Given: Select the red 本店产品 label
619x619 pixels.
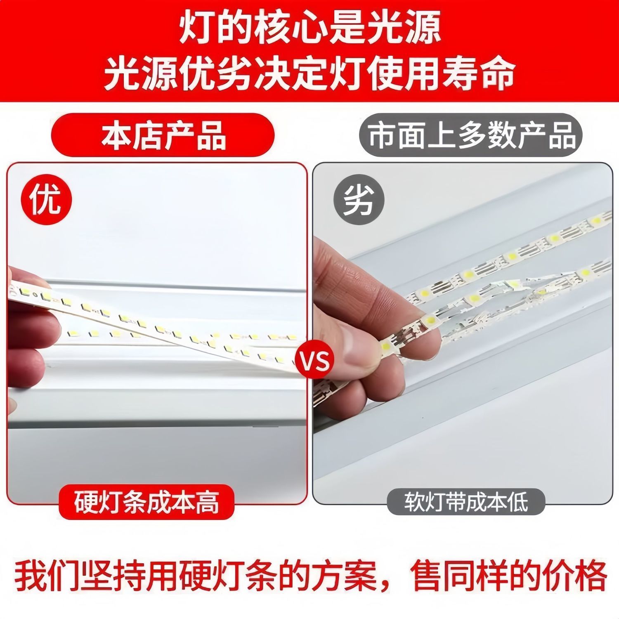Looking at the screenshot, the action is tap(163, 135).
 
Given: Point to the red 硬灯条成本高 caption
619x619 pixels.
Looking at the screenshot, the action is tap(146, 502).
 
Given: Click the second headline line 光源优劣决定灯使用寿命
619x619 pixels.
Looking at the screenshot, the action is tap(309, 74).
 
